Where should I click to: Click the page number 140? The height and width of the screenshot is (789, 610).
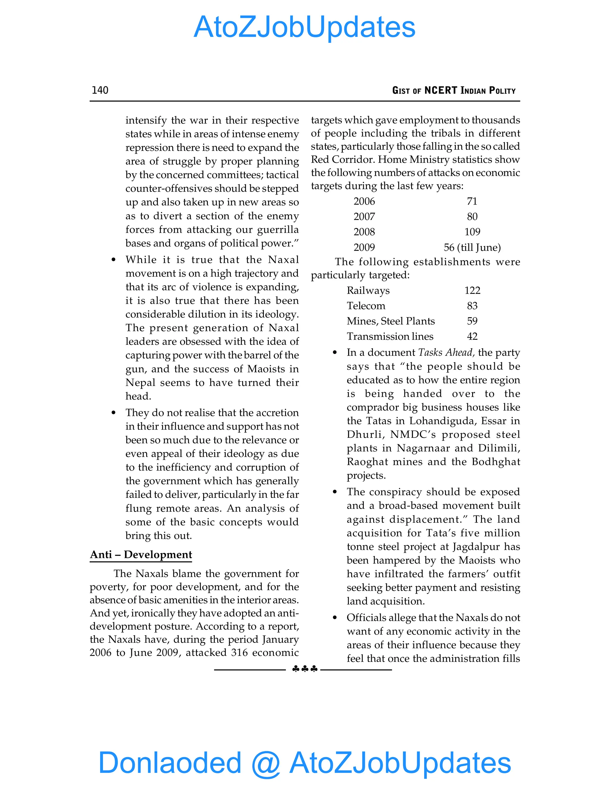coord(100,90)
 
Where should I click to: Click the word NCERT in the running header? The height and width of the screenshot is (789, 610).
coord(441,90)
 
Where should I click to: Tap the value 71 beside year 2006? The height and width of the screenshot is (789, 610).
coord(472,201)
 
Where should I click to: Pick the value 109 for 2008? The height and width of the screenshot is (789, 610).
coord(472,232)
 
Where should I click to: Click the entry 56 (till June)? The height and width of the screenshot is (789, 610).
coord(472,247)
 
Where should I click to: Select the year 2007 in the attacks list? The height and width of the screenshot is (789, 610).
coord(364,217)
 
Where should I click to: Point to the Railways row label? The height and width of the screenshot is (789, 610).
coord(368,291)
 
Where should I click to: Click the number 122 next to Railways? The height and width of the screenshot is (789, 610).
coord(472,291)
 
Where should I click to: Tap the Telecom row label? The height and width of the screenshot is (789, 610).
coord(366,306)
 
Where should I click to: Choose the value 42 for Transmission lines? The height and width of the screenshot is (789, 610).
coord(472,336)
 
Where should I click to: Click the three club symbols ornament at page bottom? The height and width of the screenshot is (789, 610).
coord(305,669)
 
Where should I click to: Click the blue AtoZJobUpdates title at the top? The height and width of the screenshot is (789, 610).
coord(305,27)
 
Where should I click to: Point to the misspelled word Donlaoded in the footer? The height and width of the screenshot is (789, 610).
coord(169,762)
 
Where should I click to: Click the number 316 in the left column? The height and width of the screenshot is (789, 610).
coord(239,652)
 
